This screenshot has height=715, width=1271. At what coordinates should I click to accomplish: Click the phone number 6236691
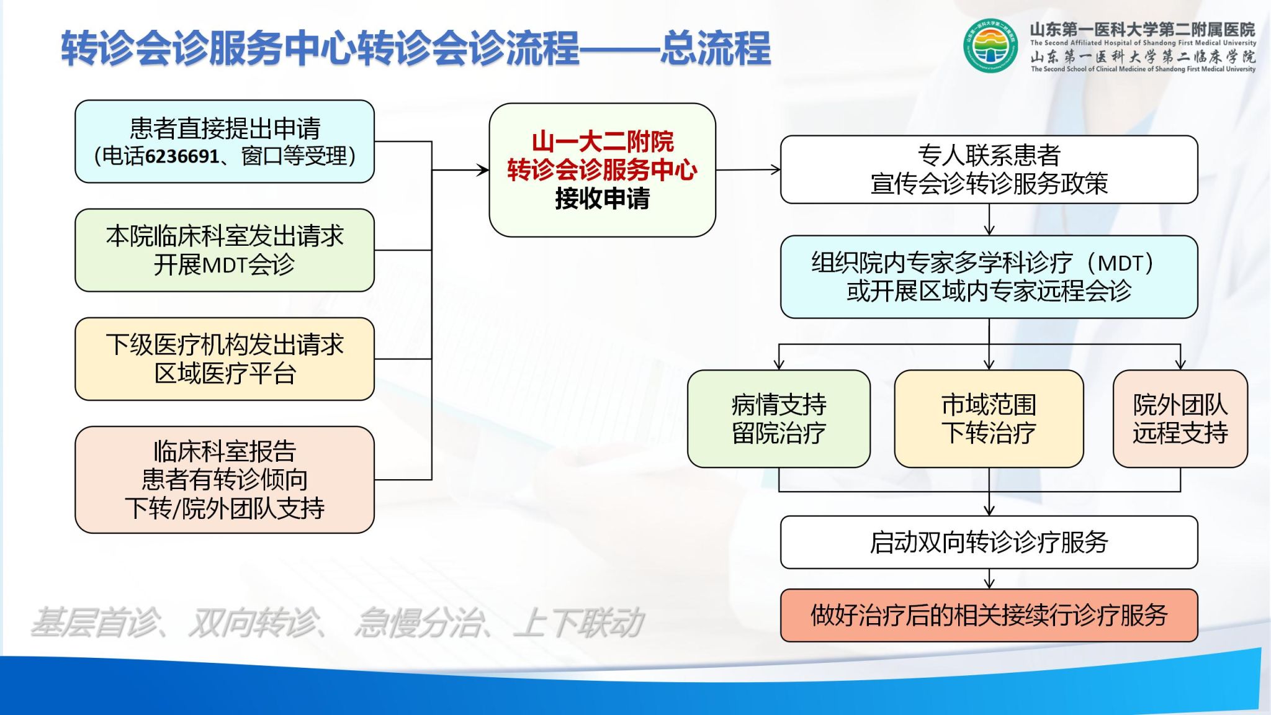pos(182,156)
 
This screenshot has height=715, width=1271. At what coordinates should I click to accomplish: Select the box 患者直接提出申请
pos(225,142)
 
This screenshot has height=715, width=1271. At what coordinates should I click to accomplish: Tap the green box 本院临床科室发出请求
pos(225,250)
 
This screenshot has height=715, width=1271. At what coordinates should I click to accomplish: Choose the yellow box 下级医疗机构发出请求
pos(225,359)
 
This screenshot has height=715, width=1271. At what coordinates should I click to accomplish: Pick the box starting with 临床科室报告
pos(225,480)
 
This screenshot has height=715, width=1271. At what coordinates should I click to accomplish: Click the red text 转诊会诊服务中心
pos(602,170)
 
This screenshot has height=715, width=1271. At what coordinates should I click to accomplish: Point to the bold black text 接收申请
pos(602,199)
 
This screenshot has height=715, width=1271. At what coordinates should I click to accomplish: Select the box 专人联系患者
pos(989,169)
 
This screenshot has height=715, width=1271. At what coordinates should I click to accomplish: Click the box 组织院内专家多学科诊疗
pos(989,277)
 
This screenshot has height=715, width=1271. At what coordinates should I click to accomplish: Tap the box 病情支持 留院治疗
pos(779,419)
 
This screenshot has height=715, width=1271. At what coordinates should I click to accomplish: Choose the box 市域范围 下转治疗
pos(989,419)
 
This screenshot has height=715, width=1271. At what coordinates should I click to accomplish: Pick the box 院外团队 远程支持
pos(1180,419)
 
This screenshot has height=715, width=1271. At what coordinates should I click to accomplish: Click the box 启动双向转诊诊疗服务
pos(989,542)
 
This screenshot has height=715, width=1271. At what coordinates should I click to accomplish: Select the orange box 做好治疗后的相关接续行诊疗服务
pos(989,615)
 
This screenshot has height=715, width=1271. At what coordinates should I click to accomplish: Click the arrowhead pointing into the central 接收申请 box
pos(483,169)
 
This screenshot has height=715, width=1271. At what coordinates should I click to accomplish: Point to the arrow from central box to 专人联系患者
pos(748,169)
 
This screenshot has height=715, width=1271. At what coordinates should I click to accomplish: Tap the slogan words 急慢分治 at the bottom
pos(417,623)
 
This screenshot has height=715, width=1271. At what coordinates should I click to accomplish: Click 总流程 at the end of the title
pos(715,48)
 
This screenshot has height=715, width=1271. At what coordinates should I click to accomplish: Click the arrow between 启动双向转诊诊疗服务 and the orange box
pos(989,578)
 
